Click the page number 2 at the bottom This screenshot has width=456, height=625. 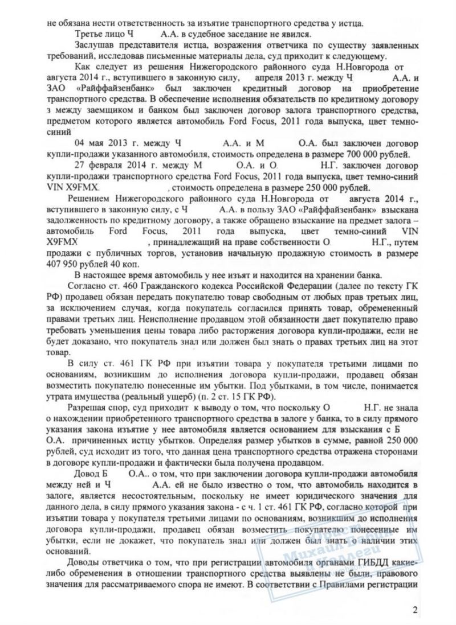point(416,611)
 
